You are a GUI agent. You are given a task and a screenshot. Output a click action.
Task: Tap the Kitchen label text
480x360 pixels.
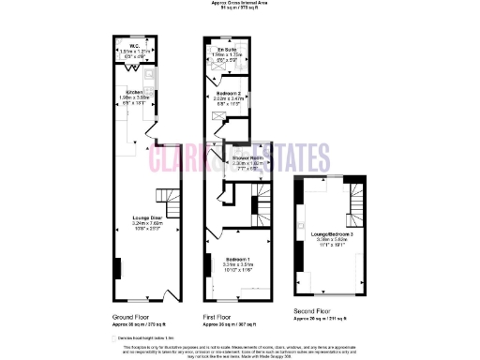(x=135, y=92)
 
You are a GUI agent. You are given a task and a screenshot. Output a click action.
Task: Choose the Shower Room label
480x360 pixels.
(x=247, y=157)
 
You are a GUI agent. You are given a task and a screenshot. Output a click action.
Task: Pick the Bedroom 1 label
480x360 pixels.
(x=236, y=258)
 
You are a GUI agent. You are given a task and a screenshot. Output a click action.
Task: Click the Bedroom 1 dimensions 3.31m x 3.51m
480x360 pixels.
(x=236, y=264)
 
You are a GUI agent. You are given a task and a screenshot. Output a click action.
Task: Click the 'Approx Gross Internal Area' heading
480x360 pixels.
(x=240, y=4)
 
